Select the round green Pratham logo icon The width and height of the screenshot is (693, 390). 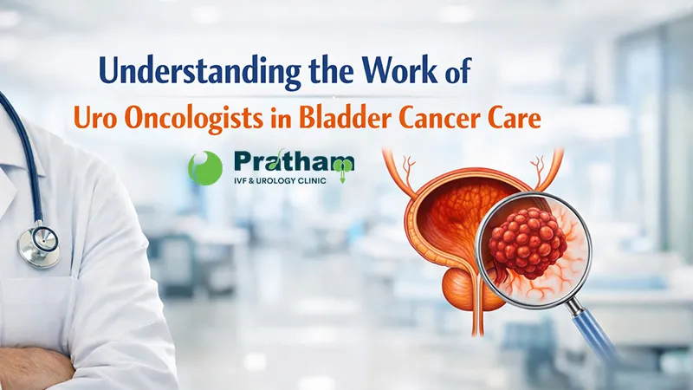205,167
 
